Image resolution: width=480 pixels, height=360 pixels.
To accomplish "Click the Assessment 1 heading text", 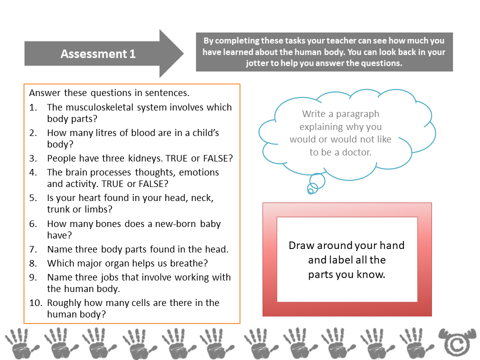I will (98, 54).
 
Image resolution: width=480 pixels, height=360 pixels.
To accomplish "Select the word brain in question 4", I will (74, 172).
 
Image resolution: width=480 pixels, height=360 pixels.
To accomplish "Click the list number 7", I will (33, 249).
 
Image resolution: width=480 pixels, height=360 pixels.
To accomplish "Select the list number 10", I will (34, 302).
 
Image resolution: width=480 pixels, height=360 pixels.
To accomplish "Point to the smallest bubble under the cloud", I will (310, 190).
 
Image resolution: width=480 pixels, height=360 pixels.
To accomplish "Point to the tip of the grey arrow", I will (183, 53).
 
